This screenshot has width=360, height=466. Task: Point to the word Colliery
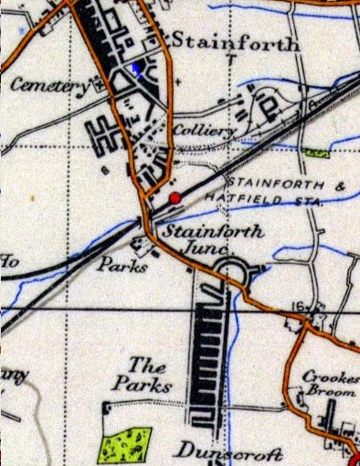(203, 132)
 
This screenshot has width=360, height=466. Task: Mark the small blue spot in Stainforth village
(138, 67)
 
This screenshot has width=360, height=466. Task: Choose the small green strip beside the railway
(316, 149)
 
